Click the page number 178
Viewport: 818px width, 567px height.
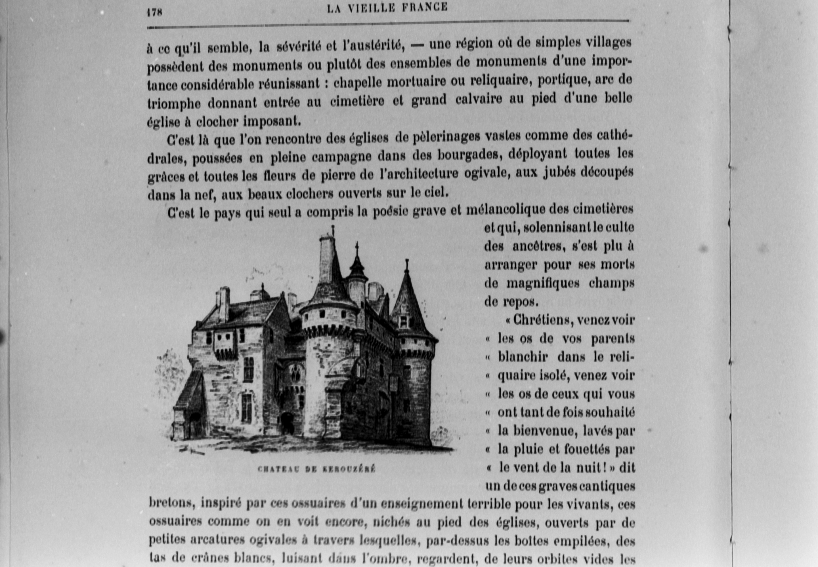point(154,12)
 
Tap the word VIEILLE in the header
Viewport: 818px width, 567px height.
point(371,8)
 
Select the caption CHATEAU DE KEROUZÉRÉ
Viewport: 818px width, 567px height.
point(316,469)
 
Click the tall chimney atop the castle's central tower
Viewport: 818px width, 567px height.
point(326,258)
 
